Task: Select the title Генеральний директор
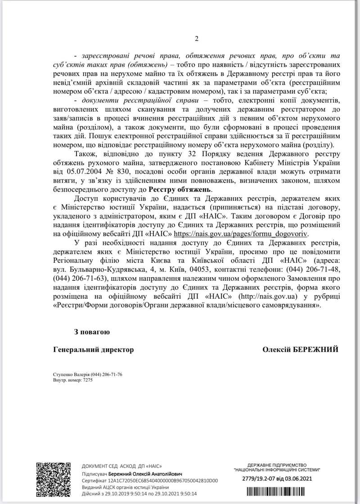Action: click(93, 349)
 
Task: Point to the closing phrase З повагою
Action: click(92, 332)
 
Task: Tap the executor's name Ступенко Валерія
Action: click(71, 374)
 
